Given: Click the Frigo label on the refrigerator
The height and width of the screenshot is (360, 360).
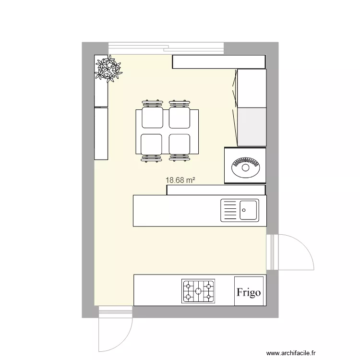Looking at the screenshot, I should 249,292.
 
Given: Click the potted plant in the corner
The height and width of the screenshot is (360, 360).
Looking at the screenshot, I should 108,68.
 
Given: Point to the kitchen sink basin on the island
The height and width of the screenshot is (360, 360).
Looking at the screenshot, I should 249,210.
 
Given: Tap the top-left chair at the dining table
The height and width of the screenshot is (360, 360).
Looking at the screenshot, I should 152,117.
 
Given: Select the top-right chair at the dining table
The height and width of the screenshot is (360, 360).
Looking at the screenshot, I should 180,117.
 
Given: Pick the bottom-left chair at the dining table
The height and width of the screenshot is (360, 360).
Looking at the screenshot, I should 152,144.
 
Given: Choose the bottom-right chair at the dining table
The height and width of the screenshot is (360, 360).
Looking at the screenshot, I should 180,144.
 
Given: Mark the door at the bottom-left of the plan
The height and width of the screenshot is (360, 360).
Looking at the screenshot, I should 115,331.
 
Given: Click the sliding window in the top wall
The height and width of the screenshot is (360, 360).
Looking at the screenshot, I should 166,48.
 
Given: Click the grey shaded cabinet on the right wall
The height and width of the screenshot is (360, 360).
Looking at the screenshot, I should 252,127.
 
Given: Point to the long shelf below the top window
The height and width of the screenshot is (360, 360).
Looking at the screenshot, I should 218,61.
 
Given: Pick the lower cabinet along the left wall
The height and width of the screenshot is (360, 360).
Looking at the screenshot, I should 101,133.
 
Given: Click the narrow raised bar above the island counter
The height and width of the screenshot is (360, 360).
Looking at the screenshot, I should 216,190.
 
